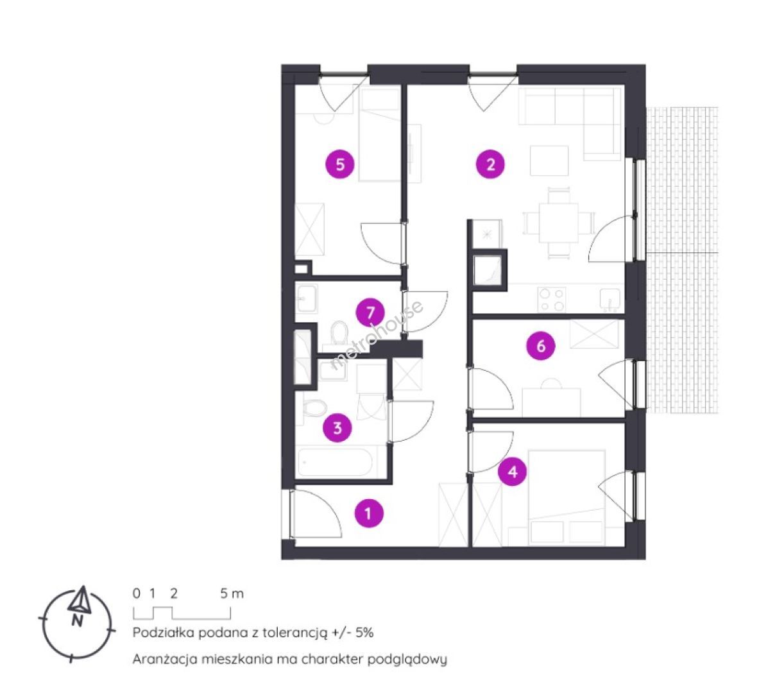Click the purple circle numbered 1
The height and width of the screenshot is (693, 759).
pyautogui.click(x=369, y=513)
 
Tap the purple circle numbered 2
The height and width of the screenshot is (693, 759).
pyautogui.click(x=490, y=164)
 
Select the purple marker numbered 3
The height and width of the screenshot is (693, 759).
pyautogui.click(x=337, y=427)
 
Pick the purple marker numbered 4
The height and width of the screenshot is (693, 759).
pyautogui.click(x=513, y=471)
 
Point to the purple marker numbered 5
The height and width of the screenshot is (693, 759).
pyautogui.click(x=340, y=164)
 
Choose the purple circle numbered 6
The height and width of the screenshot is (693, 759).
pyautogui.click(x=541, y=346)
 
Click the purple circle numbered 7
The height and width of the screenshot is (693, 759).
pyautogui.click(x=370, y=313)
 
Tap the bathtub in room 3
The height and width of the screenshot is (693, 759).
pyautogui.click(x=334, y=463)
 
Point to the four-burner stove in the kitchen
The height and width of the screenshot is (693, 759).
pyautogui.click(x=552, y=300)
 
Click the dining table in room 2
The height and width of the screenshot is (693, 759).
pyautogui.click(x=559, y=223)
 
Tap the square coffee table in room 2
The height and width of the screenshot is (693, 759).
pyautogui.click(x=549, y=160)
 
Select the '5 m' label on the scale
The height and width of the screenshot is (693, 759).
pyautogui.click(x=232, y=594)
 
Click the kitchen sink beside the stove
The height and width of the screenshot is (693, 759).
pyautogui.click(x=610, y=299)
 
